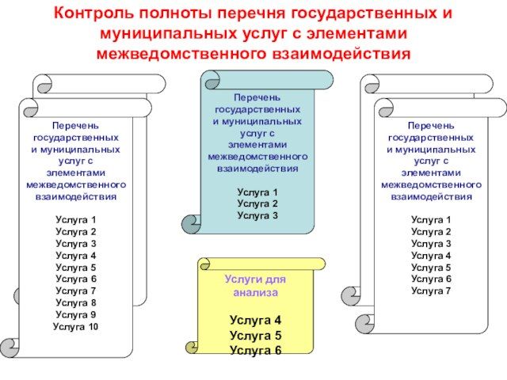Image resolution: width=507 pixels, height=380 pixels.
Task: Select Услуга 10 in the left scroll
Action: tap(76, 326)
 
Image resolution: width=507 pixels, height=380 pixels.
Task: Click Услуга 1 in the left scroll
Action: tap(76, 219)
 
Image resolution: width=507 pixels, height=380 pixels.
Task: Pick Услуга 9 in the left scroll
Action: tap(76, 314)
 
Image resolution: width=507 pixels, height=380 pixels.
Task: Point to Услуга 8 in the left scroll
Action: tap(76, 302)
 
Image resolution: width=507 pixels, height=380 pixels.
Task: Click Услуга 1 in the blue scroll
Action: tap(257, 192)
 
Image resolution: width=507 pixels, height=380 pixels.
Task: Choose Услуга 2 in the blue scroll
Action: tap(257, 204)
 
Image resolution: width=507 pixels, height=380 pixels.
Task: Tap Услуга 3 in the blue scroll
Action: tap(257, 216)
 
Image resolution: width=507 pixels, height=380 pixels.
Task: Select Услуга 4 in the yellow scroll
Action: tap(255, 321)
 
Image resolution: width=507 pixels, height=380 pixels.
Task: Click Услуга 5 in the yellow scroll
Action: tap(255, 336)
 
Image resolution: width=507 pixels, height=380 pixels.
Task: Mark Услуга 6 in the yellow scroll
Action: tap(255, 350)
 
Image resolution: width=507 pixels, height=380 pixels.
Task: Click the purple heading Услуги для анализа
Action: tap(255, 286)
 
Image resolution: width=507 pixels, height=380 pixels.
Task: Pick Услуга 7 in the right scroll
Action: tap(431, 291)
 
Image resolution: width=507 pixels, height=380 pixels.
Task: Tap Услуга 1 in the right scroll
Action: tap(431, 219)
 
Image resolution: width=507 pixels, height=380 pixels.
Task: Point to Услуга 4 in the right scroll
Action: tap(431, 255)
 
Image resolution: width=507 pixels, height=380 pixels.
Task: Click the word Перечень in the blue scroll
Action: tap(257, 96)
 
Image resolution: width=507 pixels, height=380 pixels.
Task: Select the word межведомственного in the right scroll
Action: tap(431, 184)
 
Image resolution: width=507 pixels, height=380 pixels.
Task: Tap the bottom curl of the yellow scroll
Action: tap(192, 347)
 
